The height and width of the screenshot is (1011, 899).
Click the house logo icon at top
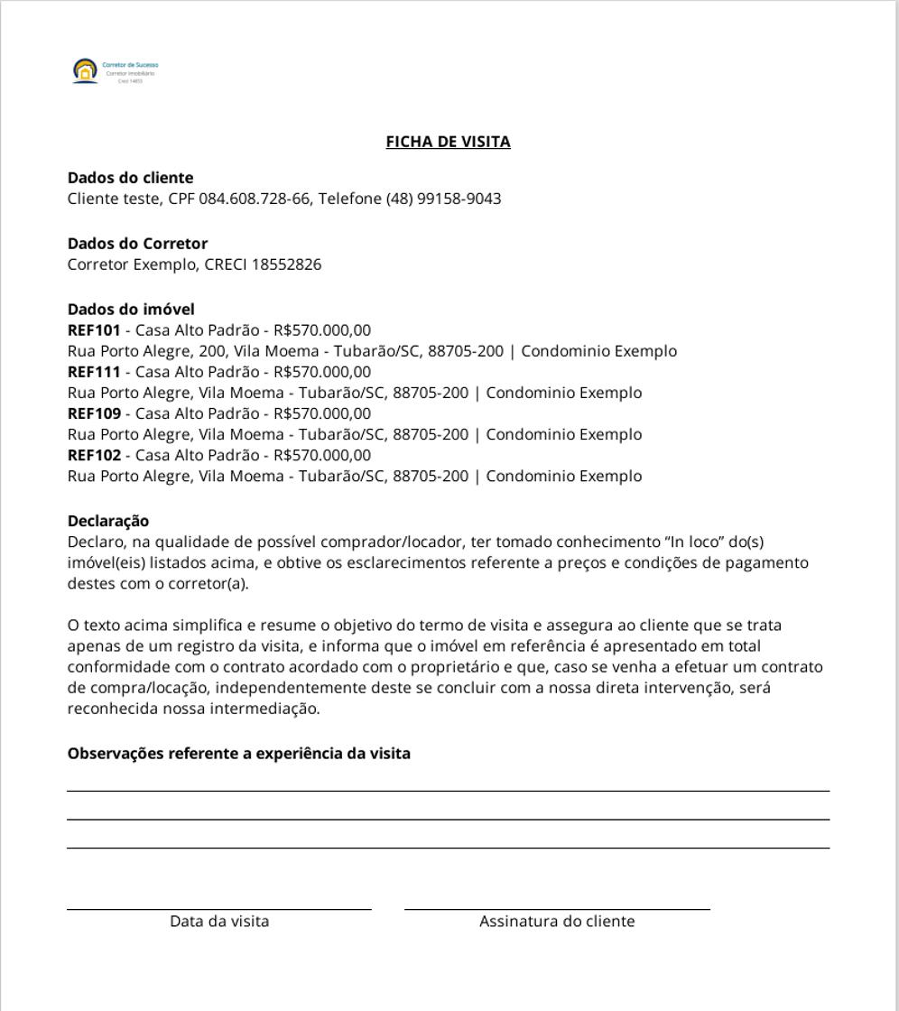[x=84, y=70]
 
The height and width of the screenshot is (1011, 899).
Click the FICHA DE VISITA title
[x=448, y=142]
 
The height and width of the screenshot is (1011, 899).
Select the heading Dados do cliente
[x=130, y=178]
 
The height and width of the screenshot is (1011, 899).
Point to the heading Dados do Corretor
[x=137, y=244]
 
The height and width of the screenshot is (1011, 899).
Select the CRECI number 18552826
[x=286, y=264]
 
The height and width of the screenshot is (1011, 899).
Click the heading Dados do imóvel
[x=131, y=310]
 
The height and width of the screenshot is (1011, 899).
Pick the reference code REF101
[x=94, y=330]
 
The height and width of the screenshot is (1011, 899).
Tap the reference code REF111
[x=93, y=372]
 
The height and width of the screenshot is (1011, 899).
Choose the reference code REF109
[x=94, y=413]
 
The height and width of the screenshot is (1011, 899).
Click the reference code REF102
[x=94, y=455]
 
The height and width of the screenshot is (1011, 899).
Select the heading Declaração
[x=108, y=521]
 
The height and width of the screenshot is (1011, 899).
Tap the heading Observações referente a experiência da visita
[x=238, y=753]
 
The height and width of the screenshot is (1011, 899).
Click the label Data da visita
[x=219, y=922]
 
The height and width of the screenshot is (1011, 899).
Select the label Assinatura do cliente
[x=557, y=922]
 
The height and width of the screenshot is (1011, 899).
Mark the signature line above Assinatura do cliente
[x=557, y=909]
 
